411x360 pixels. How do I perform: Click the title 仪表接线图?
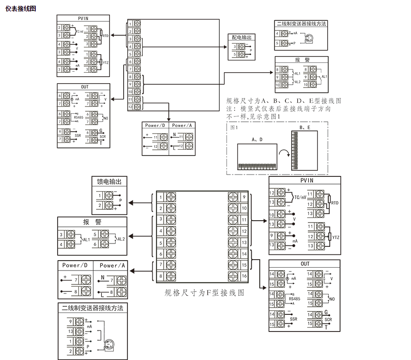tap(20, 9)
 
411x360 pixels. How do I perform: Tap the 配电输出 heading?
tap(242, 37)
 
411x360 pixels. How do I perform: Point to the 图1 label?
tap(234, 127)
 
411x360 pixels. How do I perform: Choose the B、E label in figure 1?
tap(305, 127)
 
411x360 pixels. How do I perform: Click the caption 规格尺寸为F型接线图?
tap(205, 293)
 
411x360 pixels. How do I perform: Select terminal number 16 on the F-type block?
tap(244, 276)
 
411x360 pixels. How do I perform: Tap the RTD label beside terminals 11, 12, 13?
tap(334, 203)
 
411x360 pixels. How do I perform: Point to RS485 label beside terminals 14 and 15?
tap(294, 299)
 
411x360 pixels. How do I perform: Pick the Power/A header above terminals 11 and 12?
tap(182, 126)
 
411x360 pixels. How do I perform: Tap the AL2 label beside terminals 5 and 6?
tap(121, 239)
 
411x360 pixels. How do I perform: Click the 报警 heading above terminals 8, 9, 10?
tap(302, 60)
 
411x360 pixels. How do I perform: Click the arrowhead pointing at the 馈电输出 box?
tap(133, 202)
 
